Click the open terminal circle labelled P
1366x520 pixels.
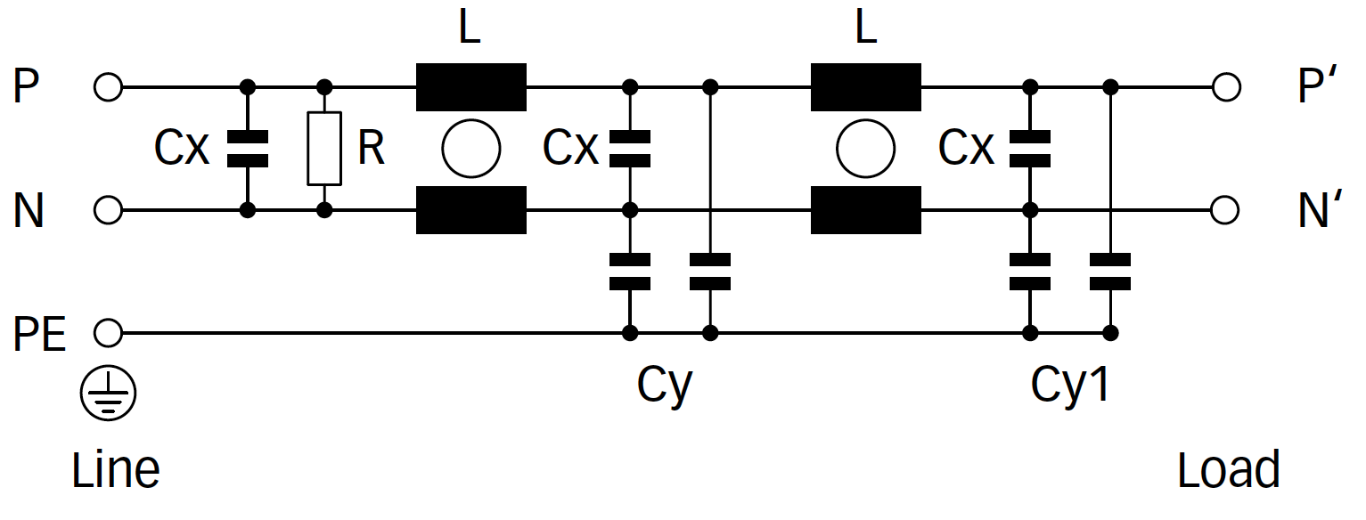(108, 87)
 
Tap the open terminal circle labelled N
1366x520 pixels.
(108, 210)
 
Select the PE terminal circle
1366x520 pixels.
(108, 333)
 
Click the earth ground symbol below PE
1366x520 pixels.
(108, 394)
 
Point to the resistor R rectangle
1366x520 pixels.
(324, 149)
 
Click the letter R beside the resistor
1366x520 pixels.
(371, 150)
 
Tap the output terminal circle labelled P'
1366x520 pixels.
(1226, 87)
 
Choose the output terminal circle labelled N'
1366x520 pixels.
(1226, 210)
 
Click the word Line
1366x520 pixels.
(116, 469)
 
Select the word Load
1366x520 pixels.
(1229, 469)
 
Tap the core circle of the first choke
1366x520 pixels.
(471, 149)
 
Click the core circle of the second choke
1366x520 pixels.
(865, 149)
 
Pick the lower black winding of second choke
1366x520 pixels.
(865, 210)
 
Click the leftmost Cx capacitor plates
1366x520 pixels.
(248, 149)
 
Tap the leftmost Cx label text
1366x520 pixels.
(182, 149)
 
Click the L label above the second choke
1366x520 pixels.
(865, 28)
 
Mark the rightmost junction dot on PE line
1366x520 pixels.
(1110, 333)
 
